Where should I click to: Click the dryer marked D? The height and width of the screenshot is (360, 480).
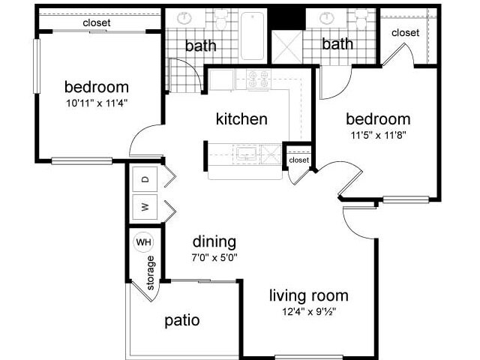(x=145, y=180)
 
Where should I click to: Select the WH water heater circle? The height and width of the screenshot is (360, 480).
(x=142, y=242)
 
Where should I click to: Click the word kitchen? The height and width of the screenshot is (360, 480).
(x=241, y=119)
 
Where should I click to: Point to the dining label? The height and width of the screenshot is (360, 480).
(x=214, y=242)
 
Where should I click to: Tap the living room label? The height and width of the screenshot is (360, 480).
(x=308, y=295)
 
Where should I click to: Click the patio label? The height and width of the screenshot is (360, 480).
(x=181, y=321)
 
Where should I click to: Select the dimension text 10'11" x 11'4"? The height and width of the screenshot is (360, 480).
(x=96, y=104)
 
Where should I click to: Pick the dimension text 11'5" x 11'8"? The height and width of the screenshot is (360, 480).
(x=377, y=136)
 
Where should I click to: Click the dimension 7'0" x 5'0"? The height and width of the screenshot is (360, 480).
(x=214, y=258)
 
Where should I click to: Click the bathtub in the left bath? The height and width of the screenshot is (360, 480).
(x=253, y=34)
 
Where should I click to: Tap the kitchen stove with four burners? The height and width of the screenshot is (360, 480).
(x=258, y=79)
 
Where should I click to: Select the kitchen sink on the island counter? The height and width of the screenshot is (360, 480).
(x=245, y=154)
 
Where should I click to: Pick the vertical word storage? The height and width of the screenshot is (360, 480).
(x=151, y=273)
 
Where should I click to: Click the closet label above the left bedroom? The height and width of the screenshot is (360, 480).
(x=96, y=23)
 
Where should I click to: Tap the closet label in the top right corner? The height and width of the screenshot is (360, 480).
(x=405, y=33)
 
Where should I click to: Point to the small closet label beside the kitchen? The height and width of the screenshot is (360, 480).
(x=298, y=160)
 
